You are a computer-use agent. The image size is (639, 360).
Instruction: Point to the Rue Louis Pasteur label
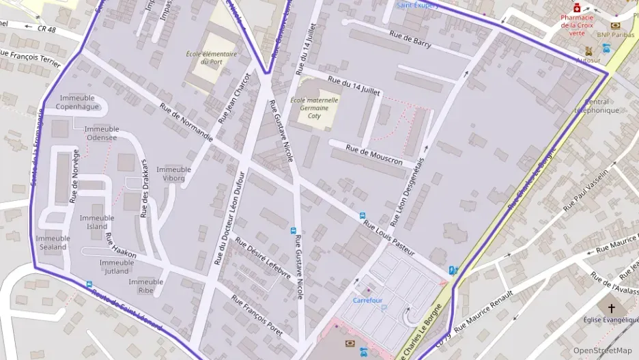[x=388, y=237]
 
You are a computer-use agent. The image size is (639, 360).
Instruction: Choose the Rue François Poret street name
[x=257, y=316]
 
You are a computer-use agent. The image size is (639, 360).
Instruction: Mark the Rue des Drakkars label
[x=144, y=188]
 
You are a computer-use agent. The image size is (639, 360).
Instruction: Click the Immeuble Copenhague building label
[x=77, y=102]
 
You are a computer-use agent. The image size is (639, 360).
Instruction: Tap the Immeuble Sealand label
[x=52, y=243]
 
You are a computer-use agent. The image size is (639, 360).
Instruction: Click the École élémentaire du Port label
[x=211, y=57]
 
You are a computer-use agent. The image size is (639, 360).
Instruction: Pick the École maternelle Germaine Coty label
[x=314, y=108]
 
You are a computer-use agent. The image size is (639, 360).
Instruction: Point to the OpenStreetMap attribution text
[x=602, y=350]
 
